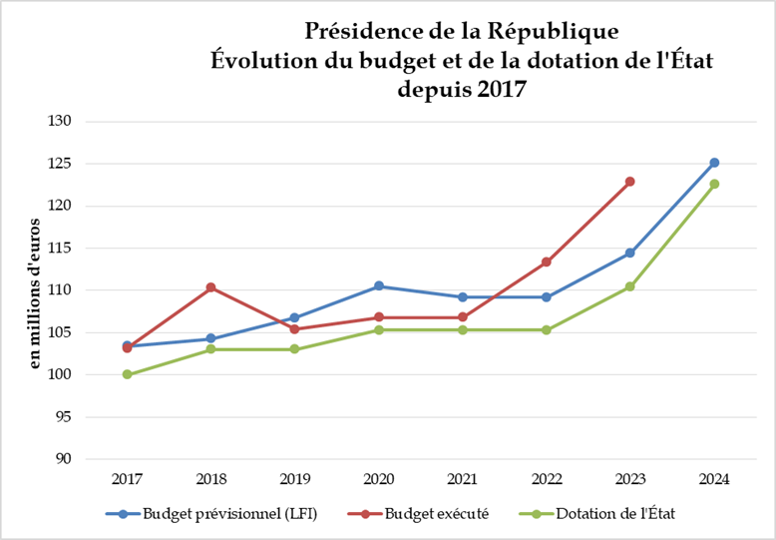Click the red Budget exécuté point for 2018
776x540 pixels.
(210, 287)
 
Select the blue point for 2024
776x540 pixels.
(714, 163)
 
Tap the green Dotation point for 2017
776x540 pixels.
(127, 374)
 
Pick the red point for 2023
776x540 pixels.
(630, 182)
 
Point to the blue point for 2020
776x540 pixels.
(379, 286)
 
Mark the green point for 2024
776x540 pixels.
(714, 184)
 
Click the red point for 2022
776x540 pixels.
(547, 262)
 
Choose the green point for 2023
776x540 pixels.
(630, 286)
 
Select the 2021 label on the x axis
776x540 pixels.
(463, 479)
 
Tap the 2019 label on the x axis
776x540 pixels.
(294, 479)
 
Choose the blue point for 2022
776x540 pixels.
(547, 296)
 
